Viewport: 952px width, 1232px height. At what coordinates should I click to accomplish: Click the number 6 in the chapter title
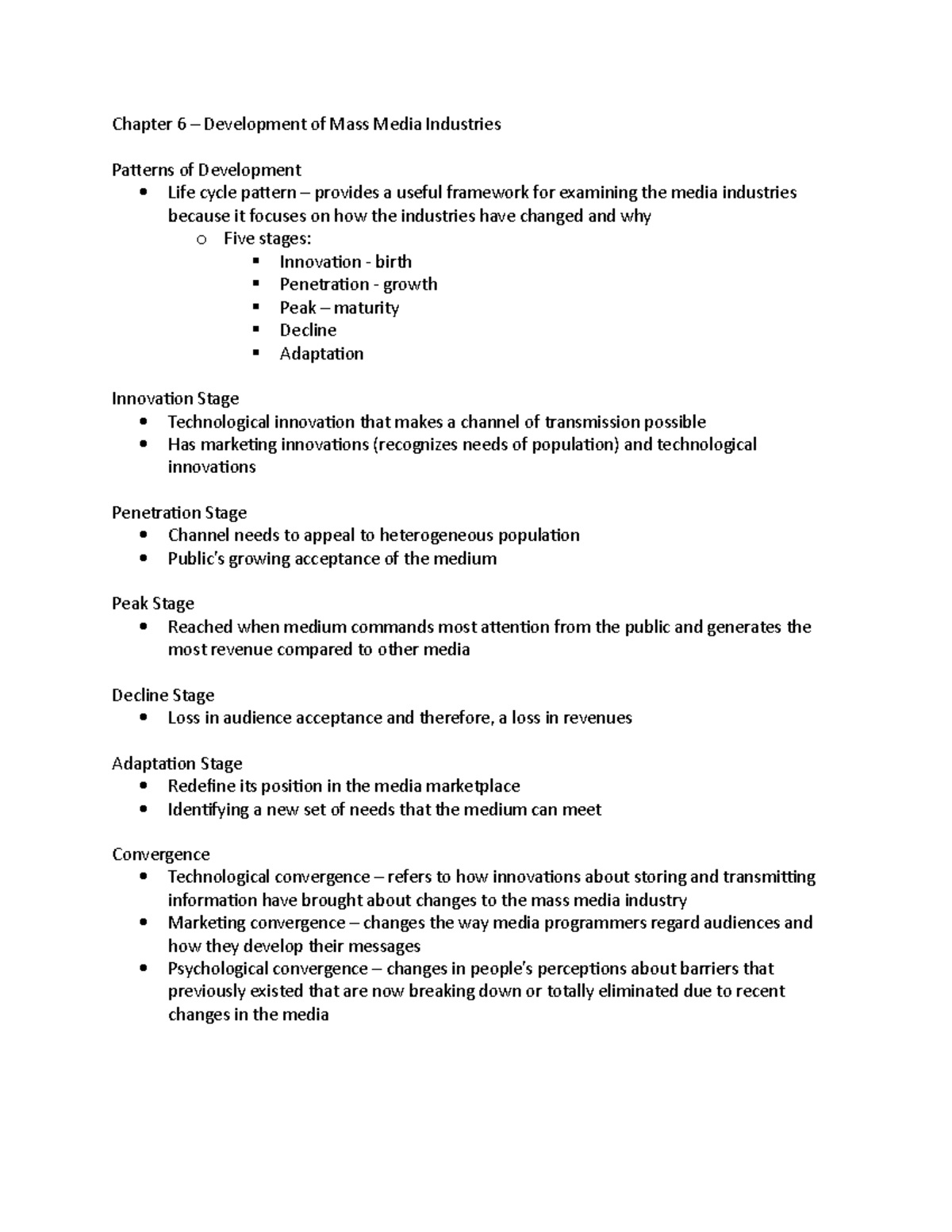(x=181, y=124)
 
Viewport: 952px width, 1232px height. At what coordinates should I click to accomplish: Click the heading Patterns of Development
(x=206, y=170)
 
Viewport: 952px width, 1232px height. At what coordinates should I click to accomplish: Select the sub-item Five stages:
(x=267, y=238)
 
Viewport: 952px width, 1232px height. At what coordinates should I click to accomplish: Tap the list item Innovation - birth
(x=345, y=262)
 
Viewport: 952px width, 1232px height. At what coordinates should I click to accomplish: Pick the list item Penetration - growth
(x=358, y=284)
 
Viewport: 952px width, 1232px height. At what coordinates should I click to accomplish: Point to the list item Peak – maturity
(x=339, y=307)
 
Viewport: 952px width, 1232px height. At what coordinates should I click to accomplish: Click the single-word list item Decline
(x=308, y=330)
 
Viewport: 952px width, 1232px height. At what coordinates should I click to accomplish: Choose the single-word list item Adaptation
(x=321, y=353)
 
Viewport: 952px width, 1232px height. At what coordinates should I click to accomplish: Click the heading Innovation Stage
(x=175, y=398)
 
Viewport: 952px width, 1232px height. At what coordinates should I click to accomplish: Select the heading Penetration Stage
(x=179, y=512)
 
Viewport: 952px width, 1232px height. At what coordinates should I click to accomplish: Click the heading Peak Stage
(x=153, y=604)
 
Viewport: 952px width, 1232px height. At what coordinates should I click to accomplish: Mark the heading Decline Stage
(x=163, y=696)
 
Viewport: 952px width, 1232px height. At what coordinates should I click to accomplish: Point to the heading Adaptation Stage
(x=177, y=764)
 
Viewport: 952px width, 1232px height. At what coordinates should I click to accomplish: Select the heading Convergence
(x=161, y=854)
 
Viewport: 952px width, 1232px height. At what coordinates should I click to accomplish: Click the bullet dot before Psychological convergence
(x=143, y=969)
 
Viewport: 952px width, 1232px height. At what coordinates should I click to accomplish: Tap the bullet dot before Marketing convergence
(x=143, y=923)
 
